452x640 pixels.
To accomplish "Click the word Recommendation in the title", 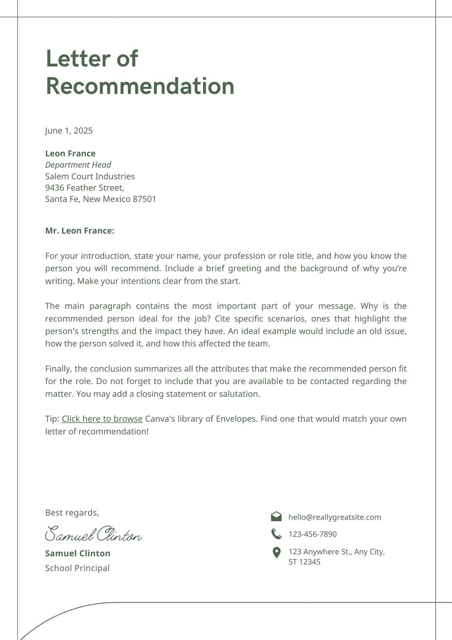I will pyautogui.click(x=140, y=86).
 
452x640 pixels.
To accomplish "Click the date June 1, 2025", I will pyautogui.click(x=69, y=131).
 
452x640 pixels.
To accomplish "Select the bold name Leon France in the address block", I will pyautogui.click(x=70, y=154).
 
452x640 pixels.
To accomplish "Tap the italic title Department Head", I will pyautogui.click(x=78, y=165).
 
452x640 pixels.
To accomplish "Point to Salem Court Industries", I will pyautogui.click(x=90, y=176).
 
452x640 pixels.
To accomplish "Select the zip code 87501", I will pyautogui.click(x=144, y=199).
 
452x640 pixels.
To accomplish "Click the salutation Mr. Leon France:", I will pyautogui.click(x=80, y=231).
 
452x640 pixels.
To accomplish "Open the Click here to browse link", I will pyautogui.click(x=102, y=419).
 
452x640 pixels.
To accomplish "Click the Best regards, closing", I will pyautogui.click(x=72, y=513).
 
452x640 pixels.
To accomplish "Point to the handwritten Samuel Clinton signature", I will pyautogui.click(x=94, y=534).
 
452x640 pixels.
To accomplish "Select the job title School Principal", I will pyautogui.click(x=77, y=568).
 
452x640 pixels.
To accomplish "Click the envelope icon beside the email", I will pyautogui.click(x=276, y=516).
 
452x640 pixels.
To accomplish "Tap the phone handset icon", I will pyautogui.click(x=276, y=534).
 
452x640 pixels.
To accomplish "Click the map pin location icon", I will pyautogui.click(x=276, y=553).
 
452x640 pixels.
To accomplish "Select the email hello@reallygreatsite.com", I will pyautogui.click(x=335, y=517).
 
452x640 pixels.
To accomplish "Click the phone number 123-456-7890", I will pyautogui.click(x=313, y=534).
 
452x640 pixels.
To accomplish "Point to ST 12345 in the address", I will pyautogui.click(x=304, y=562).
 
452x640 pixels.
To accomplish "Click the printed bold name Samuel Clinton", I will pyautogui.click(x=78, y=554).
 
